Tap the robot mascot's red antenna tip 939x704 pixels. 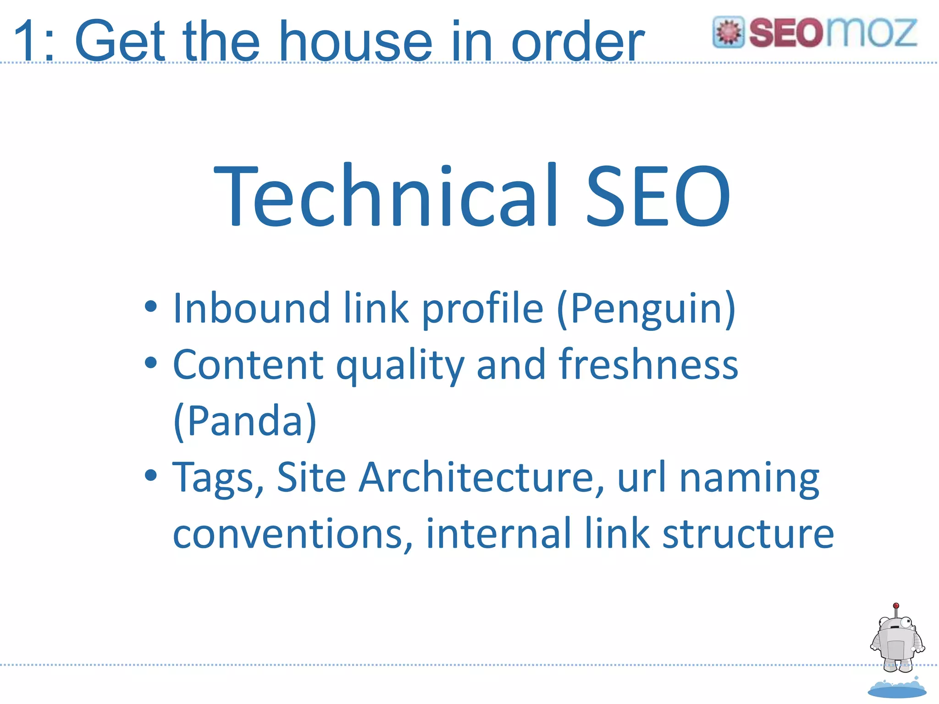point(896,606)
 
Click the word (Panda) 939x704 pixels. point(245,421)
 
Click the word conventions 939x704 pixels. point(293,534)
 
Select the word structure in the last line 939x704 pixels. point(748,534)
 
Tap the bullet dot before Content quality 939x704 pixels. point(150,363)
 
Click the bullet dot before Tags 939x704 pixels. point(150,475)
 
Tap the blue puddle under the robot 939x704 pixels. point(897,690)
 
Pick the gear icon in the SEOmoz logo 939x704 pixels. point(729,33)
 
